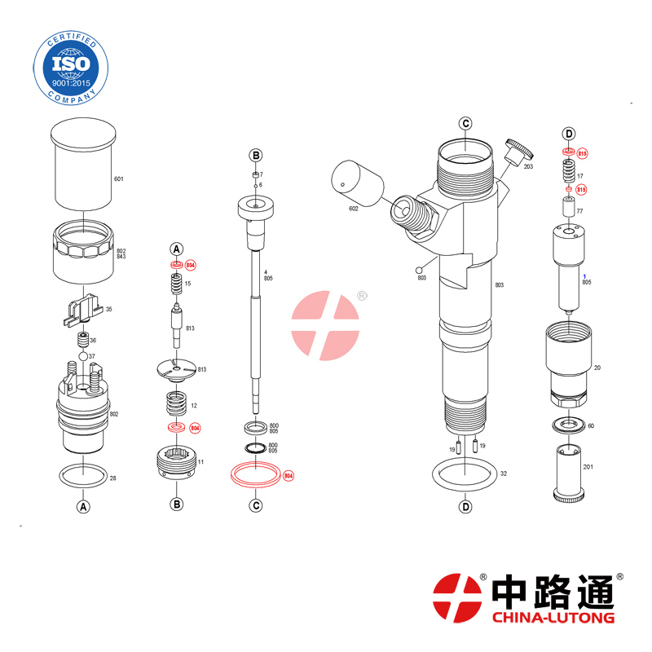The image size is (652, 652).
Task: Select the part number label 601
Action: click(118, 179)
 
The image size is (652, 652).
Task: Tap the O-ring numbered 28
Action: click(83, 474)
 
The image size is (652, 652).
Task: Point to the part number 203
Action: click(527, 166)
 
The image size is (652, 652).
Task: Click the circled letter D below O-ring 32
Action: click(465, 507)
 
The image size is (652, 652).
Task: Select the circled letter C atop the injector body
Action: click(465, 124)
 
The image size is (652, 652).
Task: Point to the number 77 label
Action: click(579, 210)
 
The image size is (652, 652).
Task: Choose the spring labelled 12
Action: click(175, 403)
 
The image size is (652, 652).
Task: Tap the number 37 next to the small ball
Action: click(92, 357)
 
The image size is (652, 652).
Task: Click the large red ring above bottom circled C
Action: click(255, 474)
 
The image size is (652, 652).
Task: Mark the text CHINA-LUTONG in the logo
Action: click(553, 618)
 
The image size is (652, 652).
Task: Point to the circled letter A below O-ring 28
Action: click(82, 506)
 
